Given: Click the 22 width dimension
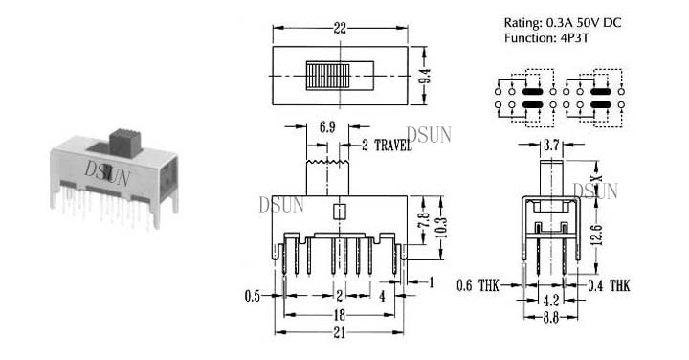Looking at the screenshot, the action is point(340,29).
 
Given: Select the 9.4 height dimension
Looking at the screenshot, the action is point(425,76).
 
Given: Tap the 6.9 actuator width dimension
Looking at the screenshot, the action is point(327,127).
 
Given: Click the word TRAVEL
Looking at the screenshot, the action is point(393,146).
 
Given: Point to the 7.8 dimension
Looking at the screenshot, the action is point(424,220).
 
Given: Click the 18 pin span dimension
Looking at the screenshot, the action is point(339,315).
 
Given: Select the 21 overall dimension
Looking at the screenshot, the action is point(339,333).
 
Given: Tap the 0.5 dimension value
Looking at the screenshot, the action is point(253,296).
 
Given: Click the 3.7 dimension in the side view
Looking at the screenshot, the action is point(551,145).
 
